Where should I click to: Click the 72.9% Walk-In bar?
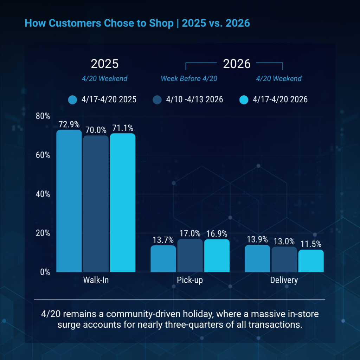pyautogui.click(x=69, y=201)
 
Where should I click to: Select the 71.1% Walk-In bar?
pyautogui.click(x=122, y=202)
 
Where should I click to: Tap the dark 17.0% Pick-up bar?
pyautogui.click(x=190, y=256)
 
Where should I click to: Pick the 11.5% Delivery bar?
pyautogui.click(x=311, y=261)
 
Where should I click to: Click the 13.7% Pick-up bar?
pyautogui.click(x=163, y=259)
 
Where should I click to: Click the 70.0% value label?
pyautogui.click(x=96, y=130)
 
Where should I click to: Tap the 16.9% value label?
pyautogui.click(x=217, y=233)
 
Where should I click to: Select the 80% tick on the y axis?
pyautogui.click(x=43, y=116)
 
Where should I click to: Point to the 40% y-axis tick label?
pyautogui.click(x=43, y=194)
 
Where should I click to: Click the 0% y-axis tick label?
pyautogui.click(x=45, y=272)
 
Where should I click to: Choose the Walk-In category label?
pyautogui.click(x=96, y=280)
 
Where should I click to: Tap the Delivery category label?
pyautogui.click(x=284, y=280)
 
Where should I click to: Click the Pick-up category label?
pyautogui.click(x=190, y=280)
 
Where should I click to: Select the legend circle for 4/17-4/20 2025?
pyautogui.click(x=73, y=100)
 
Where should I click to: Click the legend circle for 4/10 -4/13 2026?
pyautogui.click(x=157, y=100)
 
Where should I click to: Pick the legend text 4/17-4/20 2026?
pyautogui.click(x=280, y=100)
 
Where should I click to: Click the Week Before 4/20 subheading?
pyautogui.click(x=189, y=78)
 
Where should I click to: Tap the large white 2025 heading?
pyautogui.click(x=105, y=64)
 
